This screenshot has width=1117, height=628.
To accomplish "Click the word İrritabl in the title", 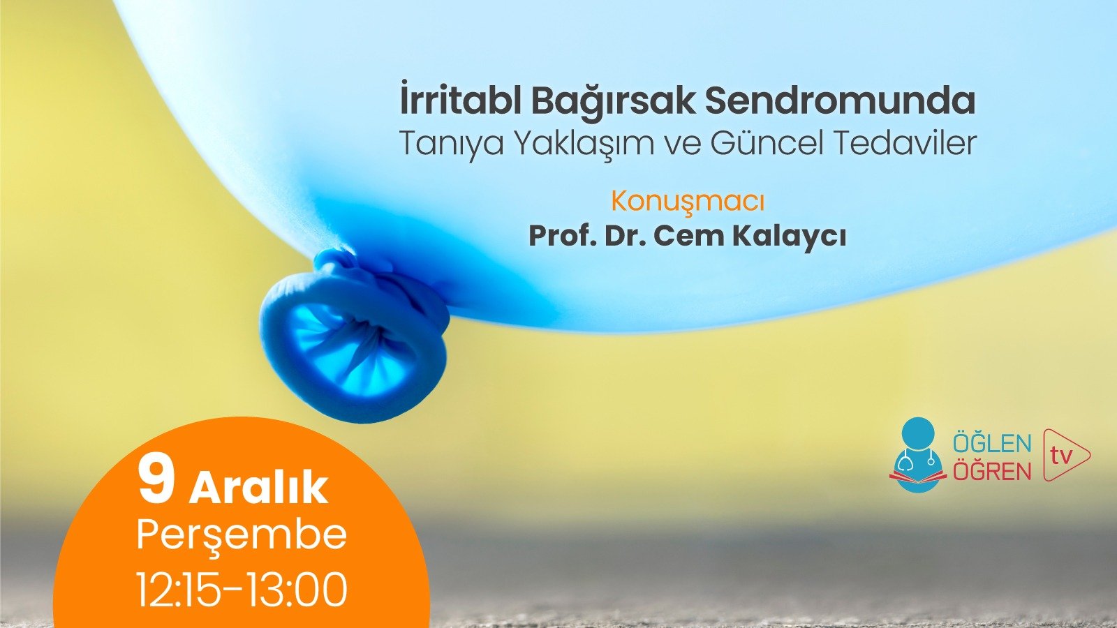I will (459, 101).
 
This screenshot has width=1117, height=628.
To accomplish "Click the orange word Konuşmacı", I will (688, 202).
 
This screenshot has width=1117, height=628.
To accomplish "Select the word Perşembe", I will (242, 535).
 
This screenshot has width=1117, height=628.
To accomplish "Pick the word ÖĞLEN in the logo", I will (991, 444).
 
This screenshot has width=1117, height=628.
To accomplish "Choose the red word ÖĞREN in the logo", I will (991, 471).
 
